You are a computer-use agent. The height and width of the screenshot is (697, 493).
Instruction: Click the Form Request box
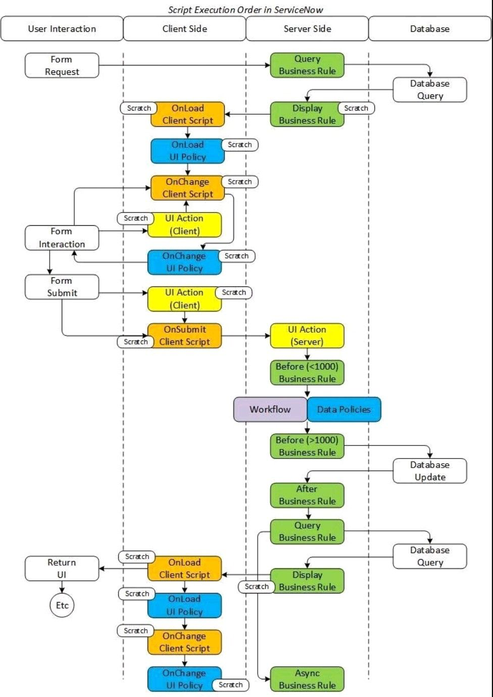(x=62, y=66)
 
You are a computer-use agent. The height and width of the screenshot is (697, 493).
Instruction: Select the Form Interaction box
(x=62, y=238)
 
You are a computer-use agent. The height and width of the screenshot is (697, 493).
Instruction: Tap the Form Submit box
(x=62, y=287)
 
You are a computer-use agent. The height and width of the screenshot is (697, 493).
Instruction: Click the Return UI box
(x=62, y=569)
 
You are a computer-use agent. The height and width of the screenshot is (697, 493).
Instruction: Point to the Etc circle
(x=62, y=606)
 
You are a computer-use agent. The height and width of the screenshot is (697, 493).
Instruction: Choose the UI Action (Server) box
(x=307, y=336)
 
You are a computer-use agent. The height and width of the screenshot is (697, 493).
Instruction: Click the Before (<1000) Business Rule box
(x=307, y=373)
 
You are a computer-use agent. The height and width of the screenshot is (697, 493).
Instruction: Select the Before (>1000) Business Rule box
(x=307, y=446)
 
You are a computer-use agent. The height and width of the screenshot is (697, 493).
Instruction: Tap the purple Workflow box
(x=270, y=410)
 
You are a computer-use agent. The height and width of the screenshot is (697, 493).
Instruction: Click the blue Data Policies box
(x=344, y=410)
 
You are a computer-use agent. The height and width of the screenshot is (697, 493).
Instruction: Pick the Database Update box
(x=430, y=471)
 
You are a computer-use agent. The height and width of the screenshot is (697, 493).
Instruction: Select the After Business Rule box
(x=307, y=495)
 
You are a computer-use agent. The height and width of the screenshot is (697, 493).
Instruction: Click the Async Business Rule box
(x=307, y=679)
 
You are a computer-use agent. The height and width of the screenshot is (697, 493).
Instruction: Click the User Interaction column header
(x=62, y=29)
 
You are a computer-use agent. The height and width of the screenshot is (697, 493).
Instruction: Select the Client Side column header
(x=184, y=29)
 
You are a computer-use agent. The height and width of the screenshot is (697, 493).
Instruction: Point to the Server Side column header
(x=307, y=29)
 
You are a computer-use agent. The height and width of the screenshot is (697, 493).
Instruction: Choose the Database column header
(x=430, y=29)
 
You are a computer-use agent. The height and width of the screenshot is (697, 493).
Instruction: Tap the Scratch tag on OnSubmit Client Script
(x=136, y=342)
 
